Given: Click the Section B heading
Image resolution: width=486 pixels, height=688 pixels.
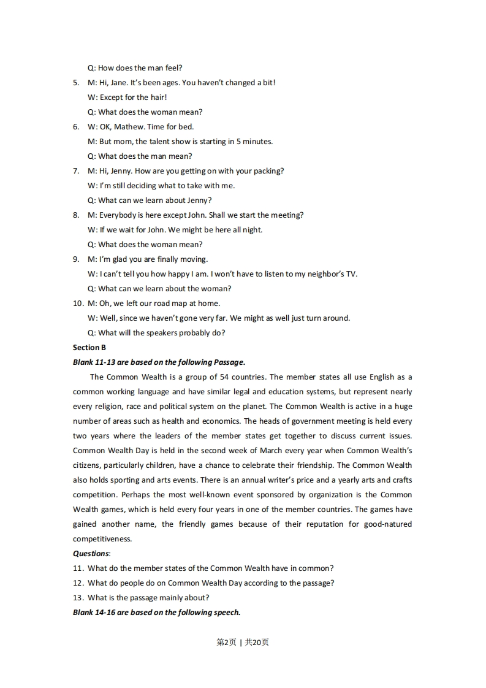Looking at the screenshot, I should pyautogui.click(x=89, y=348).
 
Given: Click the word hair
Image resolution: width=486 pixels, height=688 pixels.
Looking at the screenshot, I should pyautogui.click(x=158, y=97).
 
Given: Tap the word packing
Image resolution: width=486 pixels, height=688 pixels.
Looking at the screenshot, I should pyautogui.click(x=268, y=171).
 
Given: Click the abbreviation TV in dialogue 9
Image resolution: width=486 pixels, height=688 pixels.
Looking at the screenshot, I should pyautogui.click(x=351, y=274).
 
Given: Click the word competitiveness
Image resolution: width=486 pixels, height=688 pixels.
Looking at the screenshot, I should pyautogui.click(x=102, y=539).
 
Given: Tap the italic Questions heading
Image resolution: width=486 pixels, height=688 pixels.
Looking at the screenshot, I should pyautogui.click(x=91, y=554).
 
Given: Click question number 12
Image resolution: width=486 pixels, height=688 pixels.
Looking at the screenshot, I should pyautogui.click(x=78, y=583).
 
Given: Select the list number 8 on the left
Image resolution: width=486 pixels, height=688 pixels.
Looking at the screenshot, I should pyautogui.click(x=76, y=215).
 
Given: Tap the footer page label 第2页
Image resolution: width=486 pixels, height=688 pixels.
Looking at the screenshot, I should pyautogui.click(x=226, y=642).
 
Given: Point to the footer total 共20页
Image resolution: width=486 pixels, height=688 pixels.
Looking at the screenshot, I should pyautogui.click(x=257, y=642).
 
